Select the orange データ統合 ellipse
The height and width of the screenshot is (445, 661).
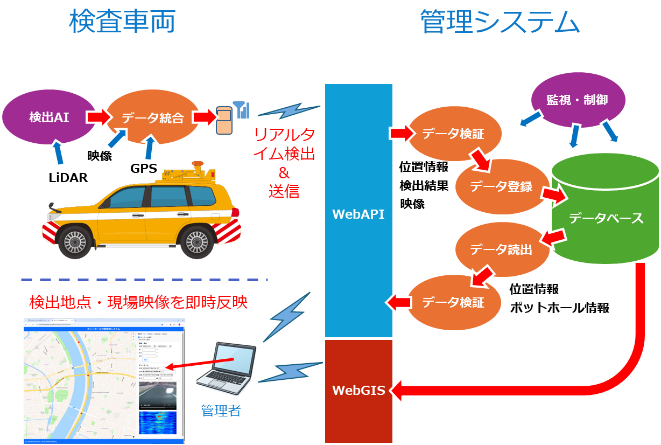(153, 117)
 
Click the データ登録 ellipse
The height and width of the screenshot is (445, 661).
(501, 187)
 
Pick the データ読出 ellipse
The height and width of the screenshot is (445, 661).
(501, 249)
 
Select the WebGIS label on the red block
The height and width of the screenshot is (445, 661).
(358, 391)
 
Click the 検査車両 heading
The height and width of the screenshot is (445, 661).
(122, 23)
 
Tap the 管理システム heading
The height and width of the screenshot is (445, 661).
(500, 23)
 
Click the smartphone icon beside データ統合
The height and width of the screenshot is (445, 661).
(224, 121)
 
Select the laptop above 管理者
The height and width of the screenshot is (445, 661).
(227, 369)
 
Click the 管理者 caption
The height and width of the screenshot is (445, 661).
(220, 411)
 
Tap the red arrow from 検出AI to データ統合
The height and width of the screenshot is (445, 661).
(98, 117)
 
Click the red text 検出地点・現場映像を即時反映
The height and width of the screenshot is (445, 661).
(138, 303)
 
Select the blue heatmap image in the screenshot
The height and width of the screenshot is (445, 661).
(161, 423)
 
